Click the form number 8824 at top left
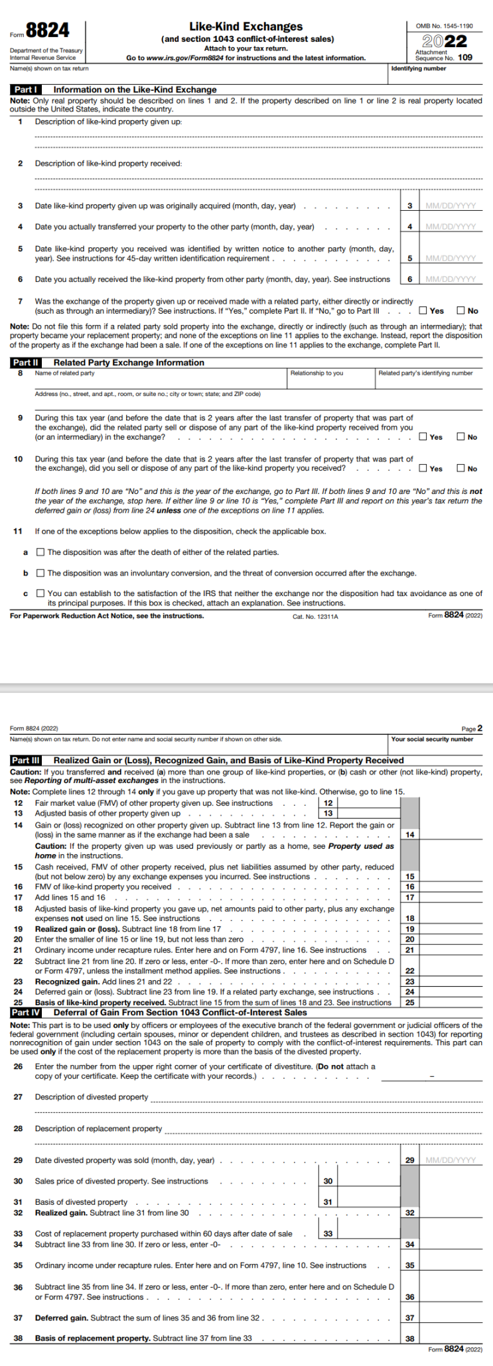click(x=47, y=31)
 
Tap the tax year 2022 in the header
click(x=445, y=41)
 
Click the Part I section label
click(x=26, y=90)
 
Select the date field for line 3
click(x=451, y=206)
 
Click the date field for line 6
click(x=451, y=279)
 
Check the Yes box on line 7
click(x=423, y=310)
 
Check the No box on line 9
click(x=460, y=437)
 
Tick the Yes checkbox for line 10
click(x=423, y=469)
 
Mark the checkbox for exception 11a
click(x=40, y=552)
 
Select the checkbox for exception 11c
click(x=40, y=593)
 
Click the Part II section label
click(x=26, y=363)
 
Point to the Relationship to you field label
click(x=317, y=373)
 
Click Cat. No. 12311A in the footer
click(x=315, y=617)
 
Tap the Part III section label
click(x=27, y=761)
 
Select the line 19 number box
click(x=410, y=929)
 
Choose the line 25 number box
click(x=410, y=1003)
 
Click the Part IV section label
click(x=27, y=1013)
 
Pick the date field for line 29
click(x=451, y=1160)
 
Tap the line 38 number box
click(x=410, y=1338)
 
